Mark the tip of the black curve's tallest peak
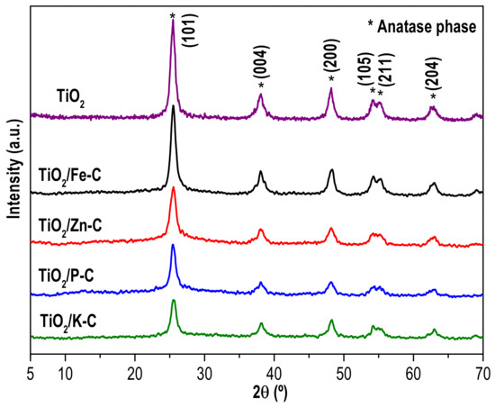click(173, 107)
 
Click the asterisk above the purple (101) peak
click(172, 15)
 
